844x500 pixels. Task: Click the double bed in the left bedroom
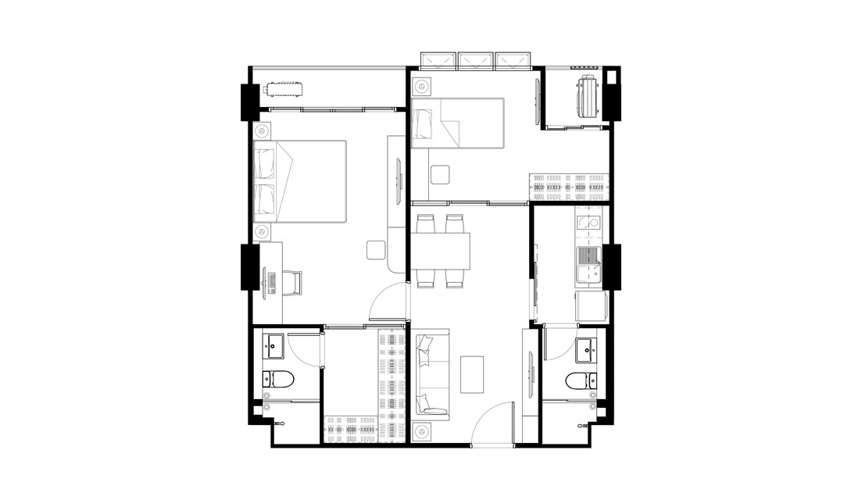(x=301, y=182)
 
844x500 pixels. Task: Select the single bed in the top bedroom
(x=457, y=122)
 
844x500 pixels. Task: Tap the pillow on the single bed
(x=422, y=122)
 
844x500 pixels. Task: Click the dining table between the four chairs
(x=442, y=250)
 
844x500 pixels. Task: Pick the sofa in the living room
(x=431, y=373)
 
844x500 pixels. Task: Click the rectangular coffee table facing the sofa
(x=472, y=374)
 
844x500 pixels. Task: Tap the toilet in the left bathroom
(x=278, y=380)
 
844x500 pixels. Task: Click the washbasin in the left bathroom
(x=274, y=343)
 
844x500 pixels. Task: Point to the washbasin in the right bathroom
(x=587, y=351)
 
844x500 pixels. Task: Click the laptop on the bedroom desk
(x=271, y=282)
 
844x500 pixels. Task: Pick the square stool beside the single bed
(x=439, y=174)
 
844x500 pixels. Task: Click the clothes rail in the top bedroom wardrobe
(x=569, y=187)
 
